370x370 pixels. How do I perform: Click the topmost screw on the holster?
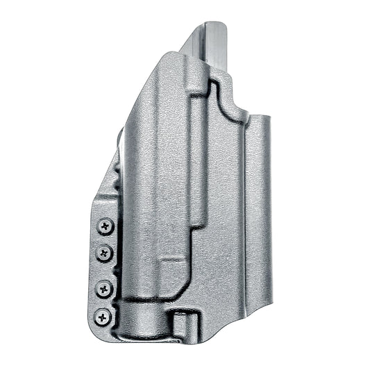coord(105,226)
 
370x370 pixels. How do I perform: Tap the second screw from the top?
coord(105,251)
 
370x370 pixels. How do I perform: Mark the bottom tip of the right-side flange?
coord(266,305)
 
